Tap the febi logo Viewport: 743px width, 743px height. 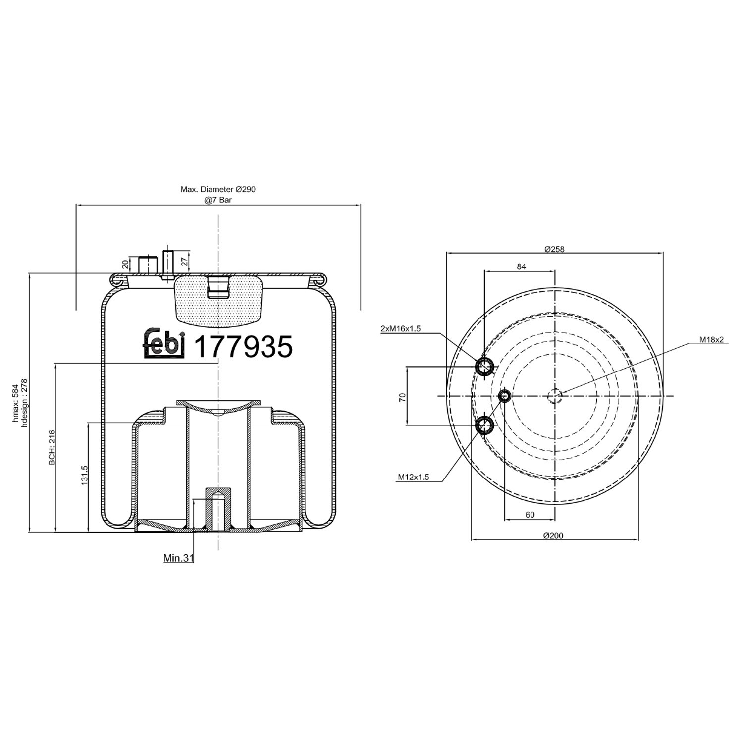tap(164, 343)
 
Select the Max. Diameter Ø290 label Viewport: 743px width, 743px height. tap(218, 189)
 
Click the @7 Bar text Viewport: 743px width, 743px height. tap(218, 200)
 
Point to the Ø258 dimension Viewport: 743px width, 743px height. tap(554, 249)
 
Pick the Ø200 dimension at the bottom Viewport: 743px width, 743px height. tap(553, 535)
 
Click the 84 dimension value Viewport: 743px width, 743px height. tap(521, 266)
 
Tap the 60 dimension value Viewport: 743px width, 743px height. tap(530, 515)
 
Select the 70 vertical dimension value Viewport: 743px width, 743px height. tap(402, 397)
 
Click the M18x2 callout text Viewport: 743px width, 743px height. tap(712, 340)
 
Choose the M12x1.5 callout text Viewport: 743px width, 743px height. tap(413, 478)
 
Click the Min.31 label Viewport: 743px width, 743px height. tap(178, 558)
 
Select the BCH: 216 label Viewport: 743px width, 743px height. tap(52, 447)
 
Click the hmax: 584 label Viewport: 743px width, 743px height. tap(15, 403)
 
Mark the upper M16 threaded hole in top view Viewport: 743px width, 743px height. tap(484, 367)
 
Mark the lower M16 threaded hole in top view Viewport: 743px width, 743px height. tap(484, 425)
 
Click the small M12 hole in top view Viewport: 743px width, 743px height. tap(504, 395)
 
